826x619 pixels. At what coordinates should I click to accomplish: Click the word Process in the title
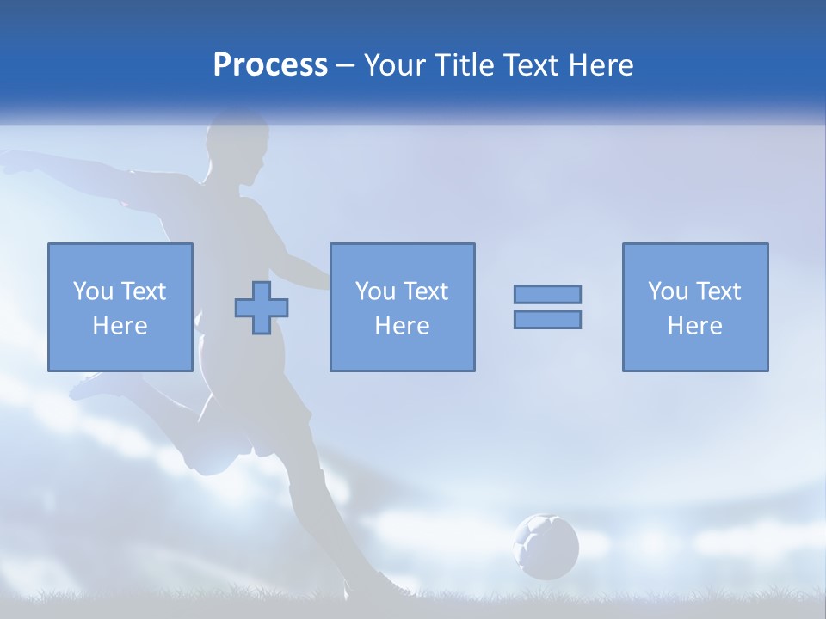click(270, 65)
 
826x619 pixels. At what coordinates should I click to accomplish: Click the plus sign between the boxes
click(262, 308)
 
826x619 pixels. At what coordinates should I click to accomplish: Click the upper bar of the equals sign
click(547, 294)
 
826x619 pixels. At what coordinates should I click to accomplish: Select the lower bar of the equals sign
click(547, 320)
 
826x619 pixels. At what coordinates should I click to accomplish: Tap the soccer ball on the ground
click(546, 546)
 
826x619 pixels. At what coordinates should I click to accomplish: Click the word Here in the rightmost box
click(695, 326)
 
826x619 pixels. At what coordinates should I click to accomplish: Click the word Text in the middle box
click(427, 291)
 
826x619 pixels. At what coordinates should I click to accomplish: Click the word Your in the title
click(395, 65)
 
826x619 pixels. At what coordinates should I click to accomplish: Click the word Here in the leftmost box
click(120, 326)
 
